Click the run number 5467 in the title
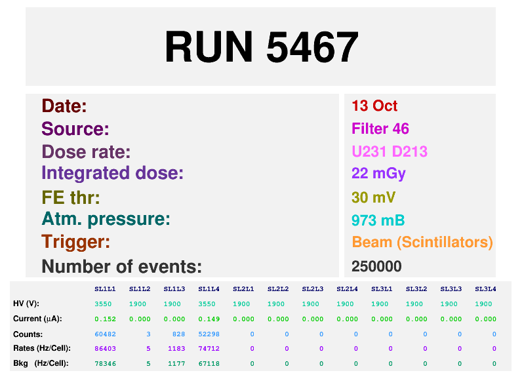312,47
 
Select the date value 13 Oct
374,106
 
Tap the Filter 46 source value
380,128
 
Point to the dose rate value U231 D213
390,151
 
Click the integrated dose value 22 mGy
378,174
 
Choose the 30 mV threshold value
374,197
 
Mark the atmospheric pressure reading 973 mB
378,220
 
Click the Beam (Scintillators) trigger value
422,242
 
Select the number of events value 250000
376,266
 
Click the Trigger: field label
75,241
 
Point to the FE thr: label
71,197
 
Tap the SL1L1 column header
105,289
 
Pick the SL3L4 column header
485,289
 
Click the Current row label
37,319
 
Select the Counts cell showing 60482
105,334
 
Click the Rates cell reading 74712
209,348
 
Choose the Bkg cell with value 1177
176,364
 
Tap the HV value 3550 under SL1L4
207,304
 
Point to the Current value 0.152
105,319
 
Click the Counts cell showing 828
179,334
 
